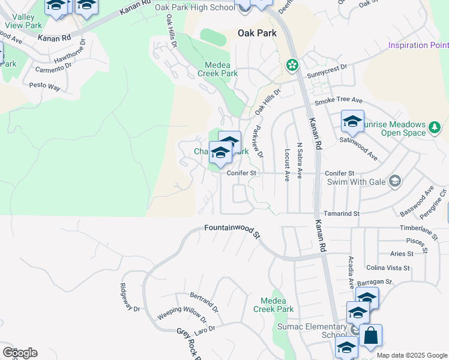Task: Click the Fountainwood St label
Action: [231, 230]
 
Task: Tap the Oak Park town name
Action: [258, 33]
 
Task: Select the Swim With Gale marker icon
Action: [394, 181]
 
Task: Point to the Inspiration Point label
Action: [418, 45]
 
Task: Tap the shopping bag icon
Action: [371, 336]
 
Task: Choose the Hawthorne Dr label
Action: [70, 53]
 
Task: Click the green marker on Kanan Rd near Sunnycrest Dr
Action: [292, 64]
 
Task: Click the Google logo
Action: [20, 353]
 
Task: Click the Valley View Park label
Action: [23, 21]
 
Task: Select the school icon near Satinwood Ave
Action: [352, 122]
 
